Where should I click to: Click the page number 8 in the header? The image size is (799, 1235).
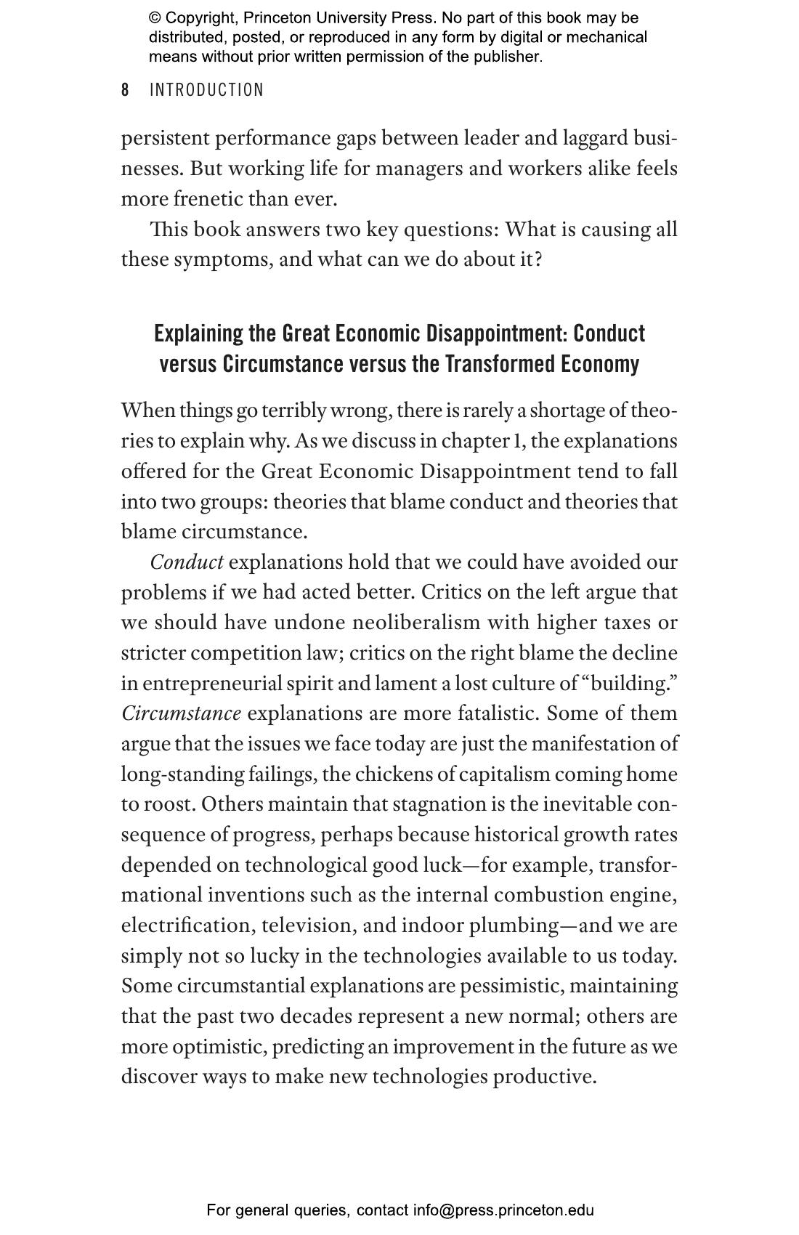(x=125, y=90)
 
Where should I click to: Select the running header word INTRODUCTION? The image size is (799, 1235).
(x=206, y=90)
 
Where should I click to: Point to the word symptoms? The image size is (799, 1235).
(x=222, y=259)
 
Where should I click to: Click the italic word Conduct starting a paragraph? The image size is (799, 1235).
(x=187, y=562)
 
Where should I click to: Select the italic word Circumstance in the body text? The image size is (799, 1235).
(x=181, y=713)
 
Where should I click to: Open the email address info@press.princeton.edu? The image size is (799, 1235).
(x=503, y=1210)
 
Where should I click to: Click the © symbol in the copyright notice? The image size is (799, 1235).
(x=155, y=17)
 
